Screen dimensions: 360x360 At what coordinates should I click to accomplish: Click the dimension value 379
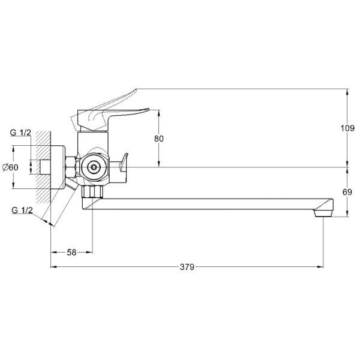pos(187,267)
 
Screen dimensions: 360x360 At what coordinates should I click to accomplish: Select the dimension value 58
pos(71,253)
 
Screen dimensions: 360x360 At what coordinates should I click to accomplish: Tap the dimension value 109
pos(347,128)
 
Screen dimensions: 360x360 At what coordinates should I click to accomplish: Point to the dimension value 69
pos(347,192)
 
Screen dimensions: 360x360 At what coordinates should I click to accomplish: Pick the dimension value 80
pos(159,139)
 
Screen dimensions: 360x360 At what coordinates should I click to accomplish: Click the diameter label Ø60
pos(10,167)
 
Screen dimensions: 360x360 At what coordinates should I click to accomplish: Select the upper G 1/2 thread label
pos(20,133)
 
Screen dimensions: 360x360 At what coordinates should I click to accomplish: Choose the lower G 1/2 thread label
pos(22,211)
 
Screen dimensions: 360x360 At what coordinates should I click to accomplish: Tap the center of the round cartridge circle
pos(94,167)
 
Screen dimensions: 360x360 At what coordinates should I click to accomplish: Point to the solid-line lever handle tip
pos(148,109)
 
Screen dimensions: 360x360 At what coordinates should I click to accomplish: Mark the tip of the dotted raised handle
pos(136,89)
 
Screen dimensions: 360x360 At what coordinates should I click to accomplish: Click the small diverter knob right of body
pos(123,163)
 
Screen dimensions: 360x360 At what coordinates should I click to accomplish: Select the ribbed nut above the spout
pos(92,191)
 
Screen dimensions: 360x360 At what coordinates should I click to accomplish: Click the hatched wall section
pos(43,167)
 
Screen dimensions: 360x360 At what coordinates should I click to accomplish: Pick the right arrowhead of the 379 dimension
pos(320,267)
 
